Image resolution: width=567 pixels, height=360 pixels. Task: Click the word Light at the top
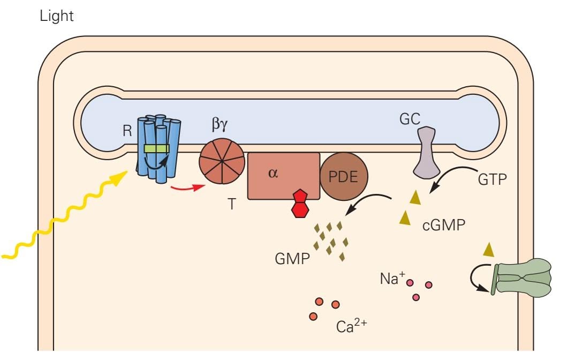tap(56, 17)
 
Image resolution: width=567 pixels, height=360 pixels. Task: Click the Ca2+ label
tap(351, 326)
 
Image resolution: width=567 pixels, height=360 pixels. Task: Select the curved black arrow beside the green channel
tap(478, 279)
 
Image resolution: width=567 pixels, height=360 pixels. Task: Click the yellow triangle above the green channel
tap(488, 249)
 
